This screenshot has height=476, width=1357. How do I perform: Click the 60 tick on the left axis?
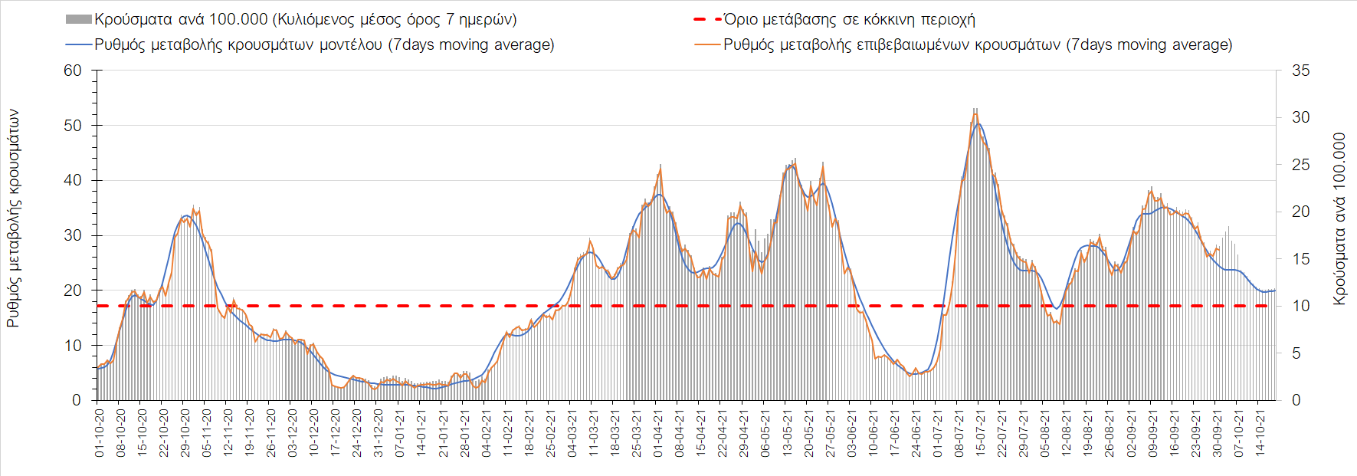point(73,71)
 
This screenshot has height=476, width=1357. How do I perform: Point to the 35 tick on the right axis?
point(1300,71)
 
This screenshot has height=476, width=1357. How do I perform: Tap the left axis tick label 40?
point(73,181)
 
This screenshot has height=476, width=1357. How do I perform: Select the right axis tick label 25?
point(1300,165)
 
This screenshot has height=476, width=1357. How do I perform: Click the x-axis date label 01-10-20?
point(100,433)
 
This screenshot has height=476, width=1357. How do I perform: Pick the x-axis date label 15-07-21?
point(980,433)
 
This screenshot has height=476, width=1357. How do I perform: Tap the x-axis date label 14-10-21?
point(1260,433)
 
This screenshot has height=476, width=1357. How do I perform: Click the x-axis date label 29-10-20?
point(185,433)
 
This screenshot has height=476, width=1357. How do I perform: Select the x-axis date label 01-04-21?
point(658,433)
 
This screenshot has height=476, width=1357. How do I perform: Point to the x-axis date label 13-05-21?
point(787,433)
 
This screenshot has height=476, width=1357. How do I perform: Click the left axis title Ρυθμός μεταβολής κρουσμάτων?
point(13,218)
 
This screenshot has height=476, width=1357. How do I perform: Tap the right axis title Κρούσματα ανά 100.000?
point(1339,219)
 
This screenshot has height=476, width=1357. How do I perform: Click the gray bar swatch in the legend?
point(79,19)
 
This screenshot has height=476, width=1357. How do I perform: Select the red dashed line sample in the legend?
point(707,19)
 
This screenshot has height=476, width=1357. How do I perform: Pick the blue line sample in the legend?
point(79,44)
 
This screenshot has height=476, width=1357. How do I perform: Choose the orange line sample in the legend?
point(707,44)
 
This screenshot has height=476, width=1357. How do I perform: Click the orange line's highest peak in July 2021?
point(975,114)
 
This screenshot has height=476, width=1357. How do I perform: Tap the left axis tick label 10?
point(73,346)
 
